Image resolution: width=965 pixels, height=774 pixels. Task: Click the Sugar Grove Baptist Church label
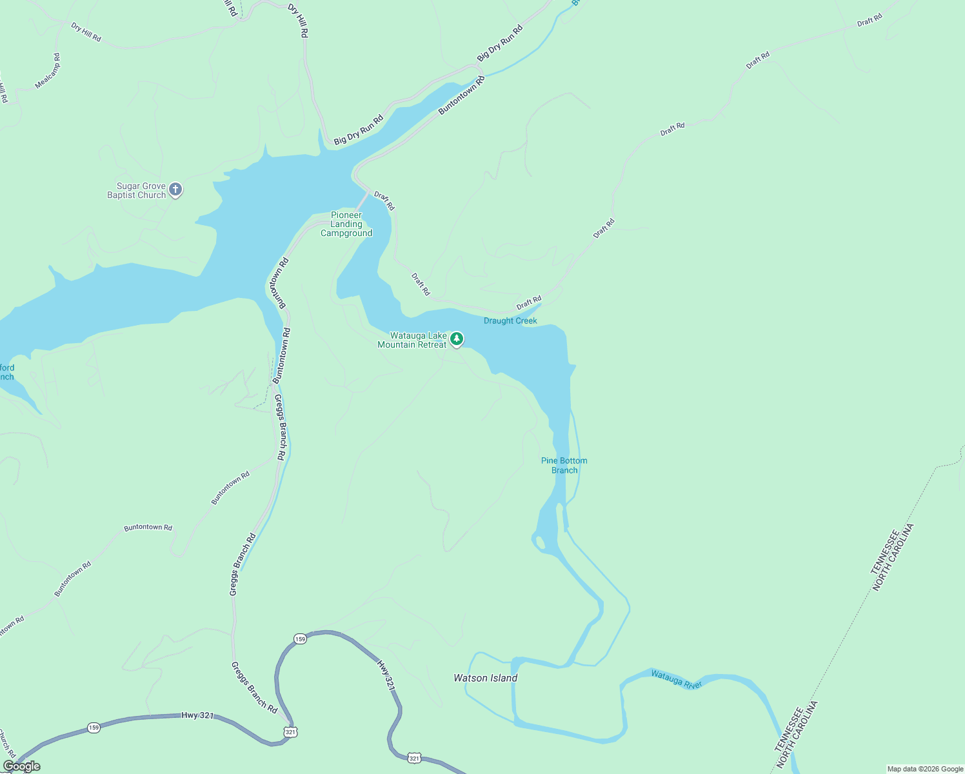click(136, 190)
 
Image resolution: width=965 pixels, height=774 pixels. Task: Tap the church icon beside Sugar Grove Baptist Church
click(175, 190)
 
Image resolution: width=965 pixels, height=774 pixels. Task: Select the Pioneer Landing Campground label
click(346, 224)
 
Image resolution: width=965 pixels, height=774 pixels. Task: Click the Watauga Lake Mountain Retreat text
click(412, 340)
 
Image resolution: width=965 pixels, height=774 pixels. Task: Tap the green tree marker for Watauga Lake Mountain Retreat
click(457, 339)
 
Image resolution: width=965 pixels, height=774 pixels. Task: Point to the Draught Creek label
click(510, 321)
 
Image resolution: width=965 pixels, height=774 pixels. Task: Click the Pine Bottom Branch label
click(564, 465)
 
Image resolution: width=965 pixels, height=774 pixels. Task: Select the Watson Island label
click(485, 678)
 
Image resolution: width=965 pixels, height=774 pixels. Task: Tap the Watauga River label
click(676, 679)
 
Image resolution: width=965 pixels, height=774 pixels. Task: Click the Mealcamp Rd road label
click(48, 71)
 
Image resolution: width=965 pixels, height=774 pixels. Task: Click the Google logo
click(21, 766)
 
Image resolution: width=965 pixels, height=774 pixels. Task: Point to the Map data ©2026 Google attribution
click(925, 769)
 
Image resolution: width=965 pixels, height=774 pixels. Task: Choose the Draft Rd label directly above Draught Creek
click(529, 303)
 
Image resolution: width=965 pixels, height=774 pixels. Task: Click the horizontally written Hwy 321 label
click(197, 715)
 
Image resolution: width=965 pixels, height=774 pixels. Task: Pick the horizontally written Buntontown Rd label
click(148, 527)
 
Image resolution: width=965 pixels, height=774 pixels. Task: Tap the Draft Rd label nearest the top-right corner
click(870, 22)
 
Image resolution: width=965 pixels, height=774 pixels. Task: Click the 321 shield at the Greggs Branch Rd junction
click(290, 732)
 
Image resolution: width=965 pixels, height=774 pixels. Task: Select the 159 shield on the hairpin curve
click(300, 639)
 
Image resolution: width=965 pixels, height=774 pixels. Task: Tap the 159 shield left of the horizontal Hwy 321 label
click(94, 728)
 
